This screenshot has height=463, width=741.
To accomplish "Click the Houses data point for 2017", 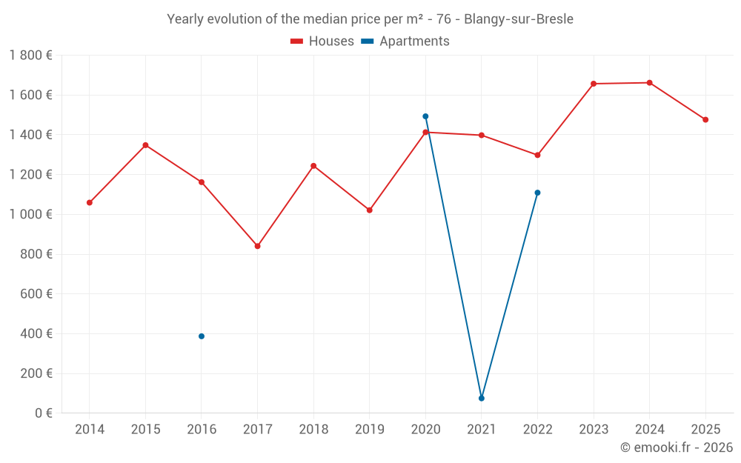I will (x=257, y=246).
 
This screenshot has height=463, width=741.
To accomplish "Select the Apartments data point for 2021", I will (x=482, y=399).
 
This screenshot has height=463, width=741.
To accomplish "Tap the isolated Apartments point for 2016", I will (x=202, y=336).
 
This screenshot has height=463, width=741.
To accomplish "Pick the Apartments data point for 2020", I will (x=425, y=116).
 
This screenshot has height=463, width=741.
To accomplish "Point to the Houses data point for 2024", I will (x=650, y=83).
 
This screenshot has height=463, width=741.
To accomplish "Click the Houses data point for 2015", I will (x=145, y=145).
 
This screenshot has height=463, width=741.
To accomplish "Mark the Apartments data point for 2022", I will (x=537, y=193).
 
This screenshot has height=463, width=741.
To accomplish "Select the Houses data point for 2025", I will (x=705, y=120).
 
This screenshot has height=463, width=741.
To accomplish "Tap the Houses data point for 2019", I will (x=370, y=210).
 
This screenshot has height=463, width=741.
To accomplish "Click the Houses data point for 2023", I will (x=594, y=84).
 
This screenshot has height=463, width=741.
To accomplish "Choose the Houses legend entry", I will (x=322, y=41).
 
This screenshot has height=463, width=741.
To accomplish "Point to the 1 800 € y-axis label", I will (x=31, y=56).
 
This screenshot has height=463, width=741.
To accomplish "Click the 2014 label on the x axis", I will (x=90, y=430).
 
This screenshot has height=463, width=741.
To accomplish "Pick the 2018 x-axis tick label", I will (x=313, y=430).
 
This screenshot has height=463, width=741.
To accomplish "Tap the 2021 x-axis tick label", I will (x=482, y=430).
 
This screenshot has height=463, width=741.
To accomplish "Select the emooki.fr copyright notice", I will (x=677, y=447).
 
